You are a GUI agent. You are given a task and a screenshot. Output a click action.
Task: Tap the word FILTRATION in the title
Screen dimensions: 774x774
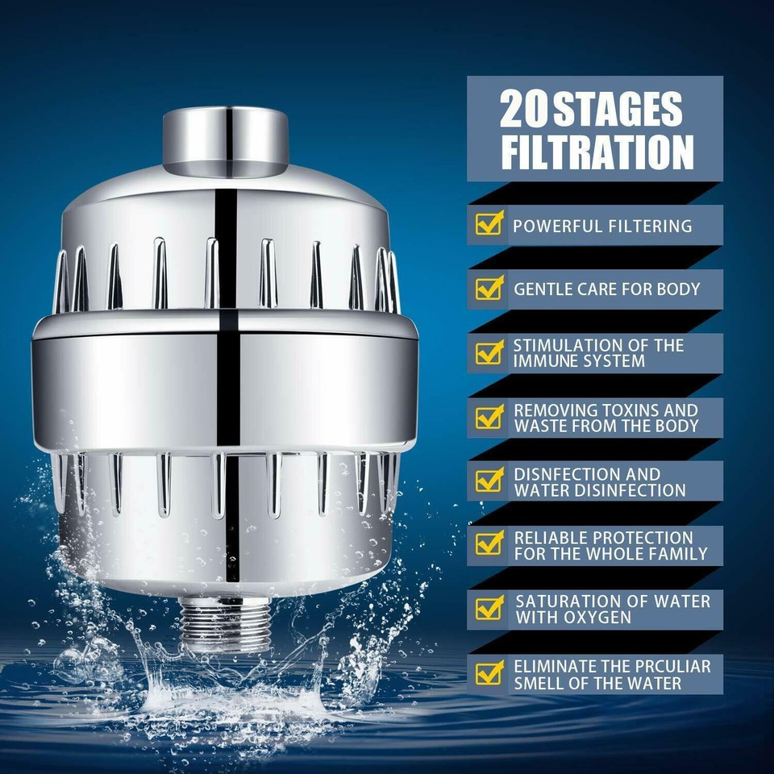[x=597, y=152]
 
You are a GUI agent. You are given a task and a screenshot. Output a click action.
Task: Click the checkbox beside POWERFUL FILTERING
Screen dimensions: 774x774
[x=489, y=224]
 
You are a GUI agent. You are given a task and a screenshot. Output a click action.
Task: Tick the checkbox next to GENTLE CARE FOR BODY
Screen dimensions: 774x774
[x=489, y=288]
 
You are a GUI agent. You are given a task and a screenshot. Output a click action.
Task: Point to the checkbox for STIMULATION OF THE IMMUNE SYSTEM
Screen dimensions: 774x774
[x=489, y=352]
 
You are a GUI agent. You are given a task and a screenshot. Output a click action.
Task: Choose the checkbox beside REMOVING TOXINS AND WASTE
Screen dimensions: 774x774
[x=489, y=417]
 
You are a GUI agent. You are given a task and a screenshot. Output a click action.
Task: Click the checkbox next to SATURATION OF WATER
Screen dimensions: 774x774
[x=489, y=609]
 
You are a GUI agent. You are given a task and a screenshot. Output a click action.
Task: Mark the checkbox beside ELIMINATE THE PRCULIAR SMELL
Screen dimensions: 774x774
[x=489, y=673]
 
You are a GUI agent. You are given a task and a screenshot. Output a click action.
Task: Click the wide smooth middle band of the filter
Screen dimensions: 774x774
[x=225, y=379]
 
